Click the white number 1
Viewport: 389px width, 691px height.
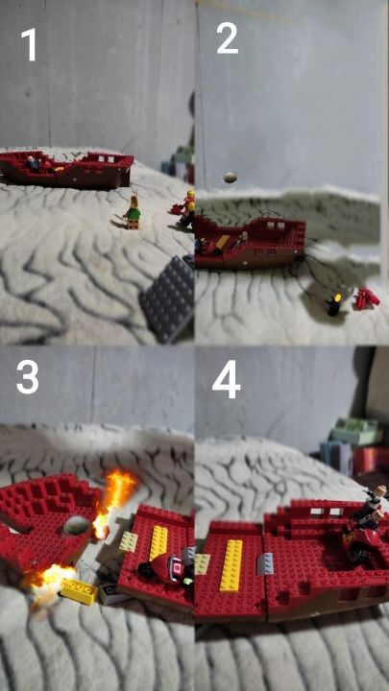tap(30, 44)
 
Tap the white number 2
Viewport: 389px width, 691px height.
tap(227, 38)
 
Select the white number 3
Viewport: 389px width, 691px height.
tap(27, 377)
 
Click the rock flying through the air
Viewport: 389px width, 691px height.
tap(231, 178)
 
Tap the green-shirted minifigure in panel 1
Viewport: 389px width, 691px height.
tap(133, 213)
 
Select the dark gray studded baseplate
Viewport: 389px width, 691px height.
tap(167, 298)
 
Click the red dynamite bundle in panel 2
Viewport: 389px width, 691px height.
tap(367, 298)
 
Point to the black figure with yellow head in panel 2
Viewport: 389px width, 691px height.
tap(335, 304)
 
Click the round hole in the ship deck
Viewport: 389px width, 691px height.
tap(77, 525)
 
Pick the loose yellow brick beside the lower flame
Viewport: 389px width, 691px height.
tap(80, 590)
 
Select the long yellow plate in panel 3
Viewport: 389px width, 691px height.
tap(158, 542)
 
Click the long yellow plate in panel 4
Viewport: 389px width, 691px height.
tap(231, 566)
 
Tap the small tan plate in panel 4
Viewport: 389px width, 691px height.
tap(203, 564)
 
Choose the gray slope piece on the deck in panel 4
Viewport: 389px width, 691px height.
tap(265, 564)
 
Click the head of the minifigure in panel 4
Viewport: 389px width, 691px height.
tap(379, 490)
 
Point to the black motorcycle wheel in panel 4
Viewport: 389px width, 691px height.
tap(356, 553)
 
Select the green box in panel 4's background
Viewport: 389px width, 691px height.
tap(355, 432)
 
